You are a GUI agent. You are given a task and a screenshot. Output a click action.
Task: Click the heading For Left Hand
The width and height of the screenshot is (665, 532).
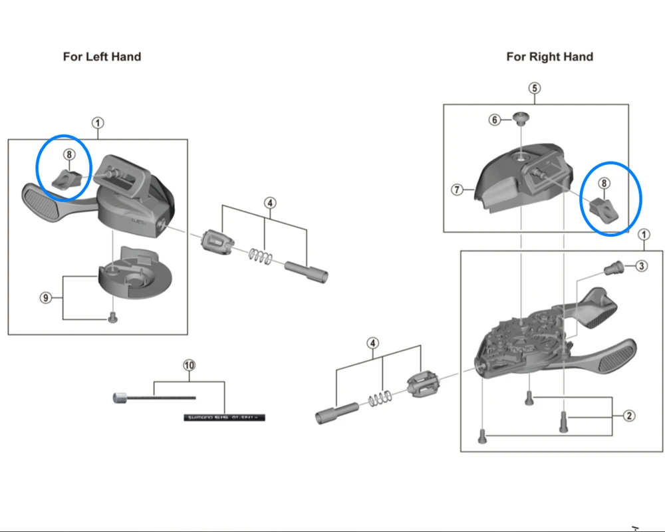102,57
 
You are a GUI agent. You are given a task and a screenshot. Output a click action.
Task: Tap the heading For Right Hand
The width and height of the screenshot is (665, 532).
549,57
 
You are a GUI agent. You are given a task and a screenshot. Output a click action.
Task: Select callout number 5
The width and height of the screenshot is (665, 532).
535,88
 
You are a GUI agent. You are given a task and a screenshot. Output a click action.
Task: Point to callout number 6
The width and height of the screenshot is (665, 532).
495,120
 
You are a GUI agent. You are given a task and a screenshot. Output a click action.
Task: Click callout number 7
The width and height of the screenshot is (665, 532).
457,190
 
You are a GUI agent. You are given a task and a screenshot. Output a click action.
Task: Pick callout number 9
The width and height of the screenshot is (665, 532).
45,298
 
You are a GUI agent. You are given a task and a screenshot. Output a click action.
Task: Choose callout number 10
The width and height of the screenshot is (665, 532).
190,365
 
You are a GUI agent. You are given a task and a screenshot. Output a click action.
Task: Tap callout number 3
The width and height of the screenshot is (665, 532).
640,266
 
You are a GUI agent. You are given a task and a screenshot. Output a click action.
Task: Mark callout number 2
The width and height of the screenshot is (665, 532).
629,416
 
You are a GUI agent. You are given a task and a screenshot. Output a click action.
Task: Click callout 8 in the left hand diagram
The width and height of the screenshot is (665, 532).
69,155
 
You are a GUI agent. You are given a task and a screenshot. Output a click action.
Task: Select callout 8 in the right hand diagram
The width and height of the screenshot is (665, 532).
604,183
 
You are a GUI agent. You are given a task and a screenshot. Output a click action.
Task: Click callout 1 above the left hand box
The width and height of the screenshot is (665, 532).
98,123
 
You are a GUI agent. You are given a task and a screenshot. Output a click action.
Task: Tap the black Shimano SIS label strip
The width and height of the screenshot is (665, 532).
225,418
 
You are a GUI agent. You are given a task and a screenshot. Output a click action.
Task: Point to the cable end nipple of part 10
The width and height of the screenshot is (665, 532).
119,398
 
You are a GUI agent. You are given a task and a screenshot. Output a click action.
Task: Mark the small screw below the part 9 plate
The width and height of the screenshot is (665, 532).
112,318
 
